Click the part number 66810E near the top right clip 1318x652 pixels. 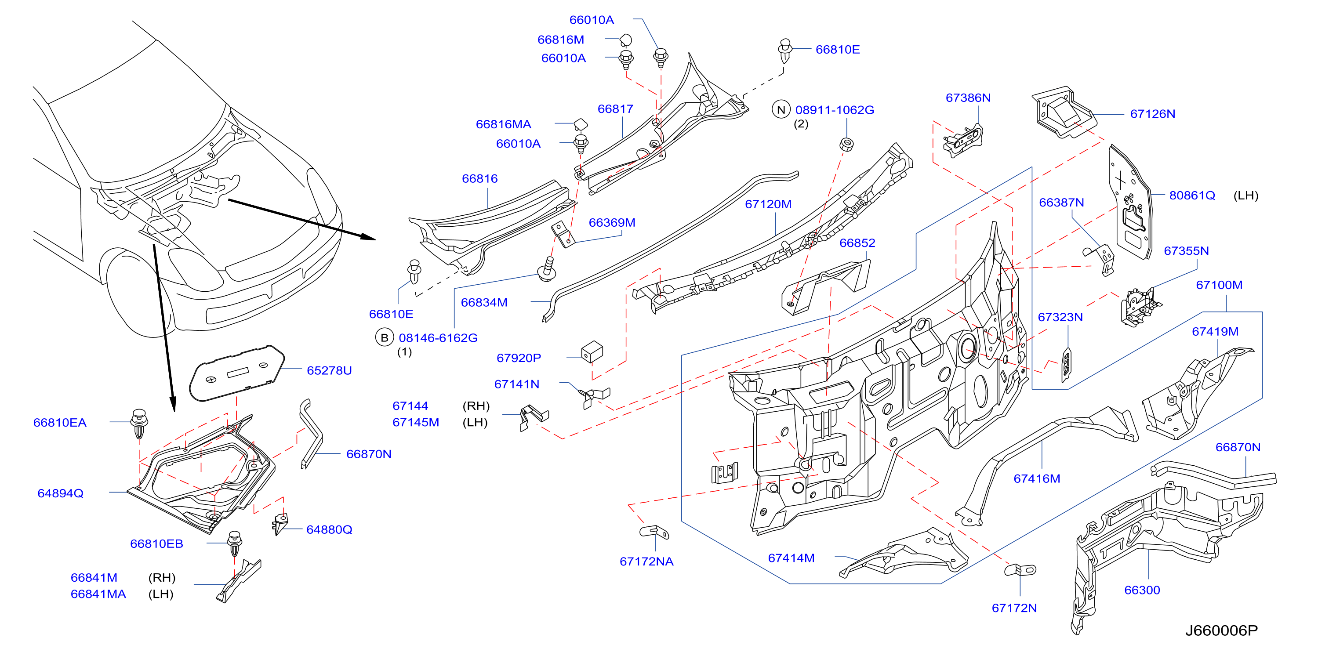coord(838,50)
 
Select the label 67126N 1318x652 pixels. coord(1152,114)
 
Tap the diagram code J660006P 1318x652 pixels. coord(1221,630)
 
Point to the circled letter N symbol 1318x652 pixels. coord(781,110)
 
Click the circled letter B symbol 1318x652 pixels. coord(384,338)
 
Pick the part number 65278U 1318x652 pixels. coord(329,371)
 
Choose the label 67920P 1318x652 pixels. coord(519,358)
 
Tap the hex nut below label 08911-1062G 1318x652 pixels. coord(847,144)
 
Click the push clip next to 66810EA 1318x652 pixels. coord(139,424)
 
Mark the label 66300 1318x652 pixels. coord(1142,590)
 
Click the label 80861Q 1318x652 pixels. coord(1192,196)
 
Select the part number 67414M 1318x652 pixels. coord(791,558)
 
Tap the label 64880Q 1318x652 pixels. coord(329,530)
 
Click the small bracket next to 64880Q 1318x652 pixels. coord(280,524)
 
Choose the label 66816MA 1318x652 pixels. coord(504,124)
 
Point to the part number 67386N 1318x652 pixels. coord(968,98)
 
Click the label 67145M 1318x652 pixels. coord(415,422)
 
